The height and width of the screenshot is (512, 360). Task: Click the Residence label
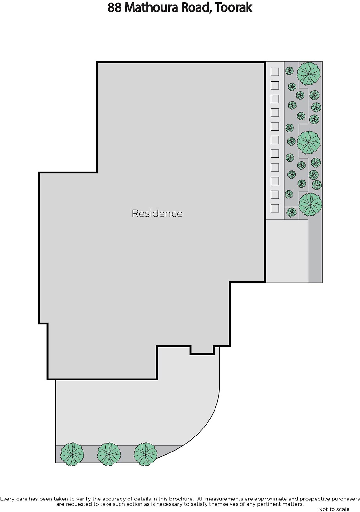click(157, 213)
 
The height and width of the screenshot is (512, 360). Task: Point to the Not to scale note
click(333, 509)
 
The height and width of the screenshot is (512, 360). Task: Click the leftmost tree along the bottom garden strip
click(72, 454)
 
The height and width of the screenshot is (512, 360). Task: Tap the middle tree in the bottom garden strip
click(109, 454)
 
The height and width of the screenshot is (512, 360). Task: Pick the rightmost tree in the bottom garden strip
click(145, 454)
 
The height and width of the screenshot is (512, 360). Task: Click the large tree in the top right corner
click(309, 74)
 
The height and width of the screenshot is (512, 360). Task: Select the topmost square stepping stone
click(275, 72)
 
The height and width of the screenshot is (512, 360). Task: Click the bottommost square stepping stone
click(275, 208)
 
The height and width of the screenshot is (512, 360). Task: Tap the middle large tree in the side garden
click(309, 142)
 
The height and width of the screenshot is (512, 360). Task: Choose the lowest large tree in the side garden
click(310, 204)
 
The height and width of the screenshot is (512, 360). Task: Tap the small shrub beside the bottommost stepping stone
click(292, 212)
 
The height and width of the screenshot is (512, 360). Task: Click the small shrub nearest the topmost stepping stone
click(289, 71)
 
